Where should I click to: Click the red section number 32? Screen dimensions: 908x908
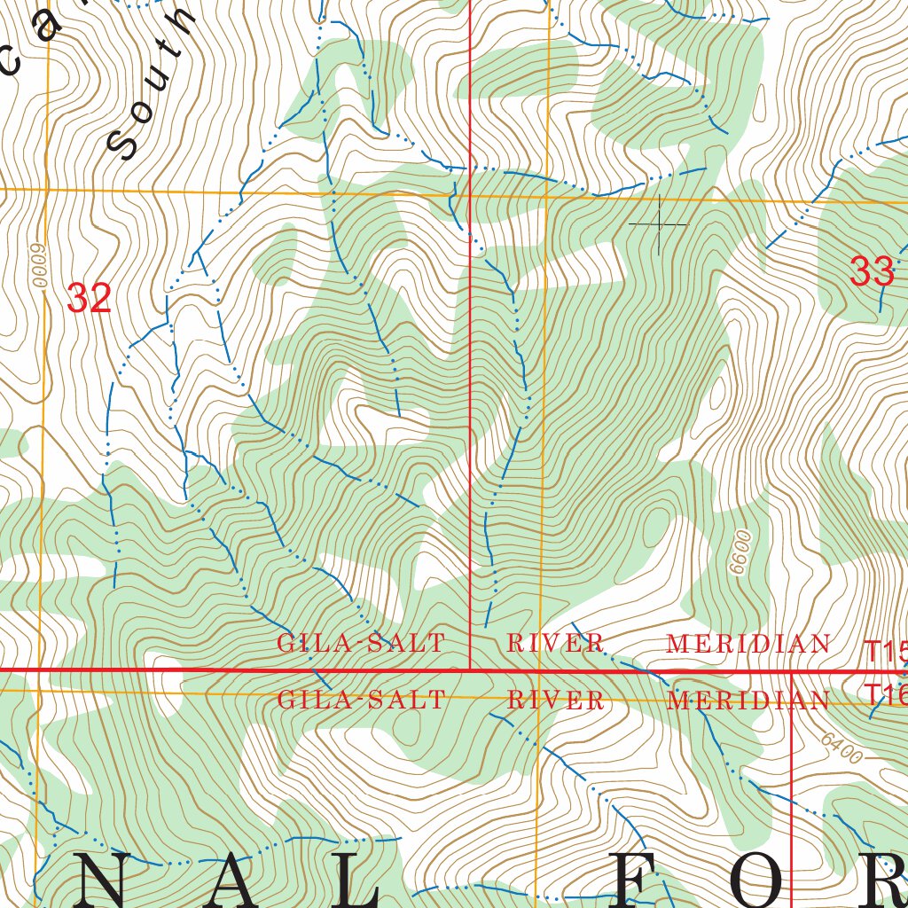89,299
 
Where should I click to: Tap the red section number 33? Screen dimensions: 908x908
872,271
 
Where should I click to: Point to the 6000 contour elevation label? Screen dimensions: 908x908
38,265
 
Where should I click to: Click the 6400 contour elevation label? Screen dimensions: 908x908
840,749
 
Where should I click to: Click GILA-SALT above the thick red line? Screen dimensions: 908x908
361,644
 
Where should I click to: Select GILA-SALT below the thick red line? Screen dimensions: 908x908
361,700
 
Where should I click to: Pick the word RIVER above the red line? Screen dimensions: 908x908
555,644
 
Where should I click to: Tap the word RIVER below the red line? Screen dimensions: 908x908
555,701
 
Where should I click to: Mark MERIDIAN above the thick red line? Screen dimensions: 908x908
748,645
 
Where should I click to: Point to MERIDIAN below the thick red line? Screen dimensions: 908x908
748,701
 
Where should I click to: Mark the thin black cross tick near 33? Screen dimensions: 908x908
659,225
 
